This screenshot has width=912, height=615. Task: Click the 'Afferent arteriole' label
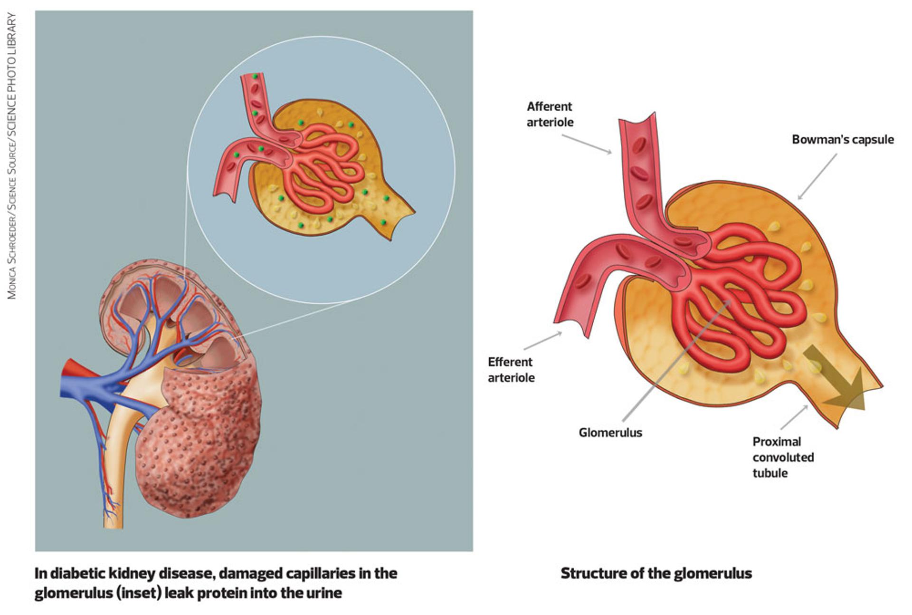pos(550,114)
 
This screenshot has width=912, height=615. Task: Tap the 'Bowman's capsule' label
pos(843,140)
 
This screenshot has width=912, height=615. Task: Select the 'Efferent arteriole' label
pos(511,370)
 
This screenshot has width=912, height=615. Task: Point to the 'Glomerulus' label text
pos(610,433)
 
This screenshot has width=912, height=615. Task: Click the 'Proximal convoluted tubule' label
pos(783,457)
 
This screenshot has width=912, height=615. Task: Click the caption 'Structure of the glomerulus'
pos(656,573)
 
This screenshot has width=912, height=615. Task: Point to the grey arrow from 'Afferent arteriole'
pos(587,144)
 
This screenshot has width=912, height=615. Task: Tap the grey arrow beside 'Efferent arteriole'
pos(542,341)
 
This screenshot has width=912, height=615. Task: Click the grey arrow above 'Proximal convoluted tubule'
pos(794,417)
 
